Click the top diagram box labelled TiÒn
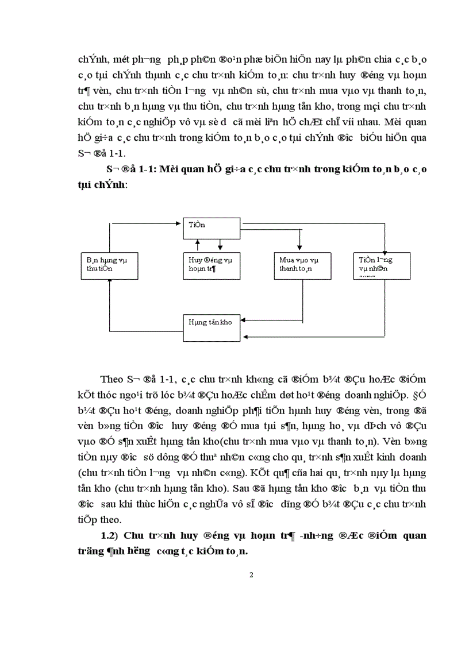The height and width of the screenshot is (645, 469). pyautogui.click(x=210, y=229)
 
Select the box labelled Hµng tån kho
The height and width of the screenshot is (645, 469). pyautogui.click(x=210, y=323)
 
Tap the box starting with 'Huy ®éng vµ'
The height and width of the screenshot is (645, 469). pyautogui.click(x=210, y=264)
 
